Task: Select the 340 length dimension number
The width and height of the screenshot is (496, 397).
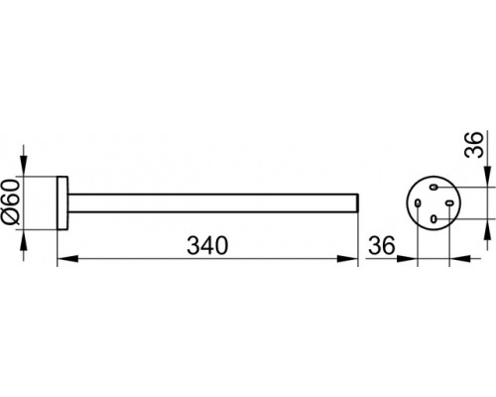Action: [x=207, y=246]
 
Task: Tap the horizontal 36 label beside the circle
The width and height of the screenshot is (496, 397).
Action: [x=382, y=246]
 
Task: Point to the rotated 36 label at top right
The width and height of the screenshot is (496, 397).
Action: [x=474, y=145]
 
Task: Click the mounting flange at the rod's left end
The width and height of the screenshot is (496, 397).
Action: [x=62, y=202]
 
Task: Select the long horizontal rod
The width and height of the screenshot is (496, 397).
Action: [x=213, y=202]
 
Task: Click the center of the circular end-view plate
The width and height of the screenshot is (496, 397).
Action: [x=434, y=202]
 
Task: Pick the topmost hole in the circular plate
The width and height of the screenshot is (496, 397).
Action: [x=434, y=188]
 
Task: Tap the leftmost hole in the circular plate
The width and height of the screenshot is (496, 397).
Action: [x=418, y=202]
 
